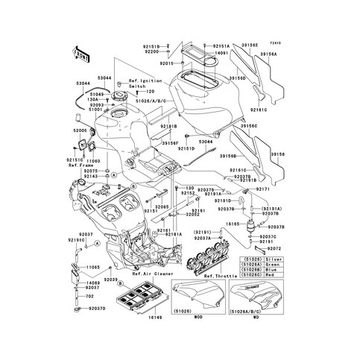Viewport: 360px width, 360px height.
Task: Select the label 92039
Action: pos(111,279)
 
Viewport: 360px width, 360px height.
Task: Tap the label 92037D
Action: pos(98,308)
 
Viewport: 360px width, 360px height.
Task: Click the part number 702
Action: pos(89,297)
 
